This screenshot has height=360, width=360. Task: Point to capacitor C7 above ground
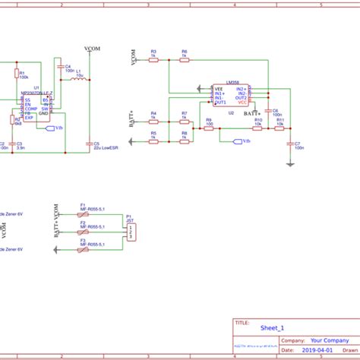[289, 143]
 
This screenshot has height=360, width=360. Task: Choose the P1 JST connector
[131, 231]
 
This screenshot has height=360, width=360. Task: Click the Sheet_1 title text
[272, 328]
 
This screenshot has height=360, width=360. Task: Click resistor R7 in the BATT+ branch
[184, 123]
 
